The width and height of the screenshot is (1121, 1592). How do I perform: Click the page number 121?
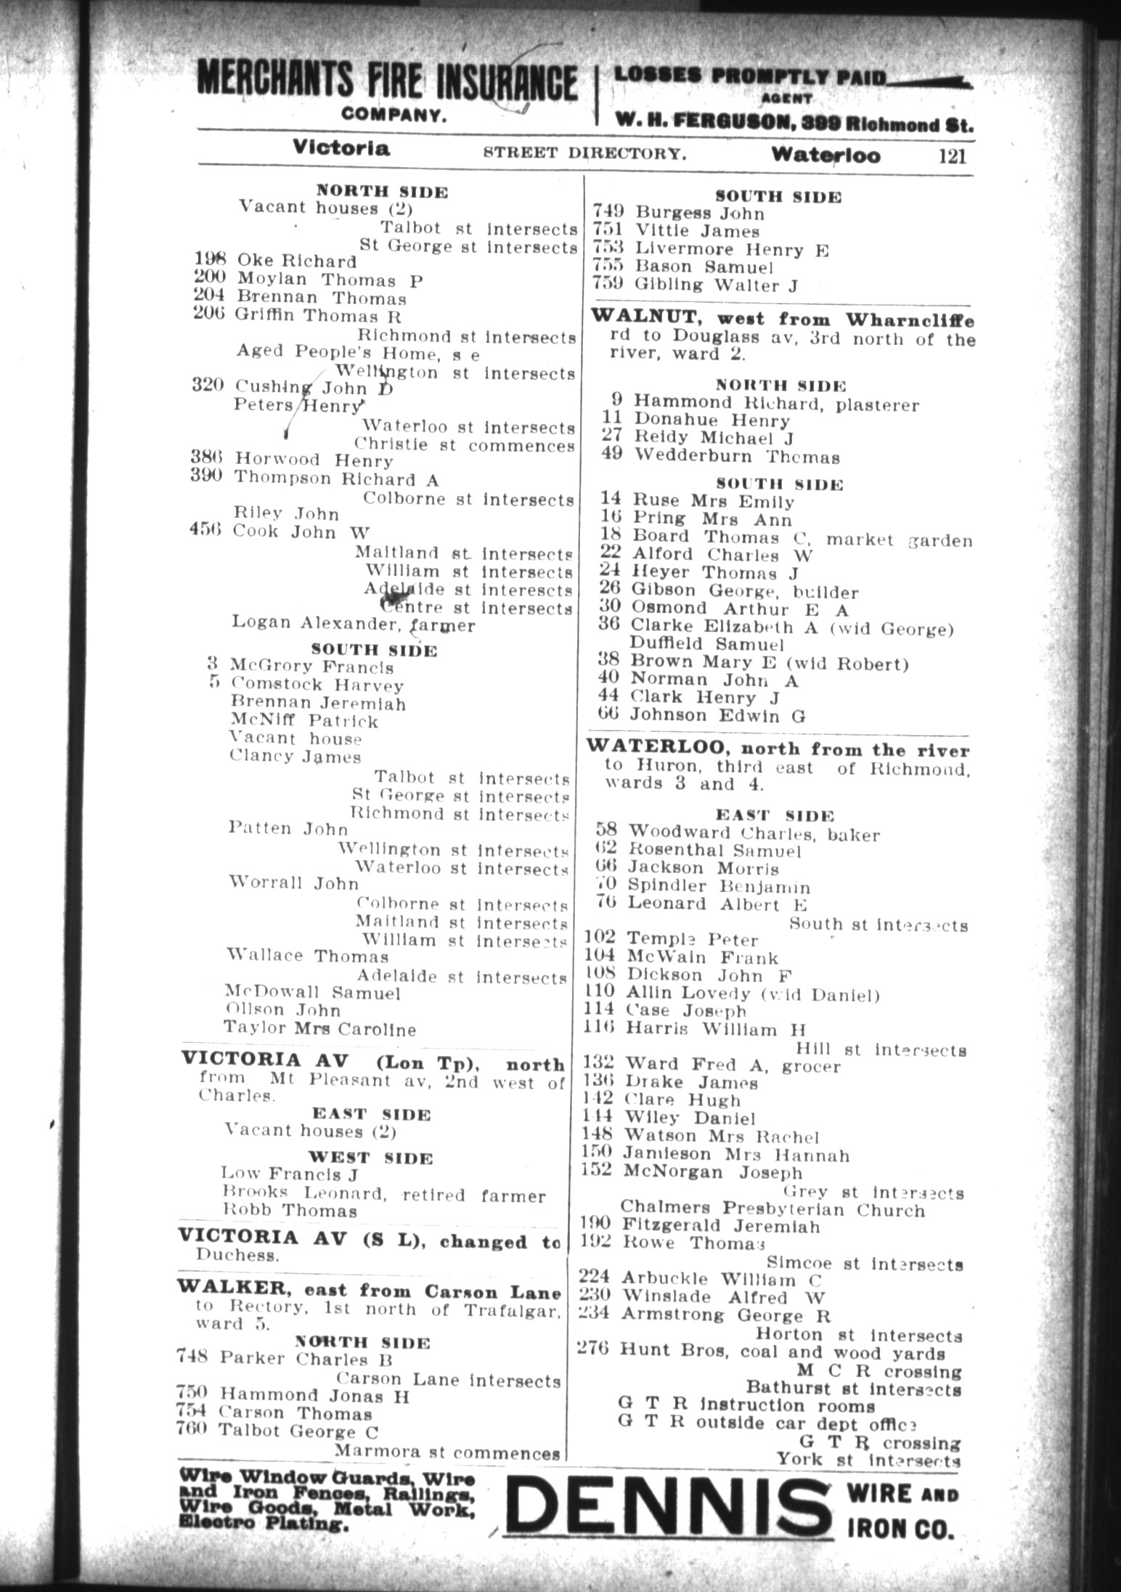(x=952, y=155)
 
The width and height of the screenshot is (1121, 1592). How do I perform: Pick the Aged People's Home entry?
(x=358, y=354)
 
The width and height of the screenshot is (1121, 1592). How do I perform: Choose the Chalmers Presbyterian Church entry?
(x=773, y=1210)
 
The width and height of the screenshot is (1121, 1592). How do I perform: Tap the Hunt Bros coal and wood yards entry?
(x=782, y=1353)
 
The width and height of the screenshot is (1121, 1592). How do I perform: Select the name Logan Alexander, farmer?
(x=353, y=624)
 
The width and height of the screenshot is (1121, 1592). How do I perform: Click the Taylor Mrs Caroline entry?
(x=319, y=1029)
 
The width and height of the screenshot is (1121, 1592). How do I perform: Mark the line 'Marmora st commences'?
(x=447, y=1453)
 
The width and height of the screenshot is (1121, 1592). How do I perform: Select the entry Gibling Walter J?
(x=715, y=285)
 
